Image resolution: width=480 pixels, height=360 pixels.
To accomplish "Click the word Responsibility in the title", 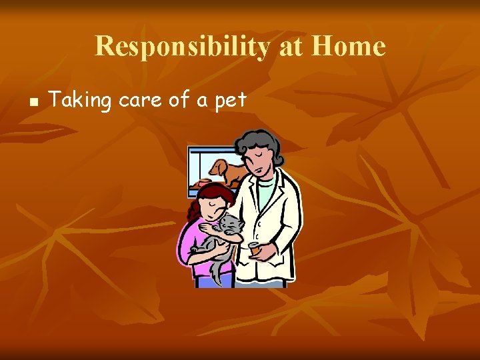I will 181,47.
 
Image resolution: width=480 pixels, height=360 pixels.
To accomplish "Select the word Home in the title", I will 348,47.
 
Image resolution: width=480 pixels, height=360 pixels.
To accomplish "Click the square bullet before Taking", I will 31,103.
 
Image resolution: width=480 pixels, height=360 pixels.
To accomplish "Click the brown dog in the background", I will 227,171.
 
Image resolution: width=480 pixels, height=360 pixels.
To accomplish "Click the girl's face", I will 215,204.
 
